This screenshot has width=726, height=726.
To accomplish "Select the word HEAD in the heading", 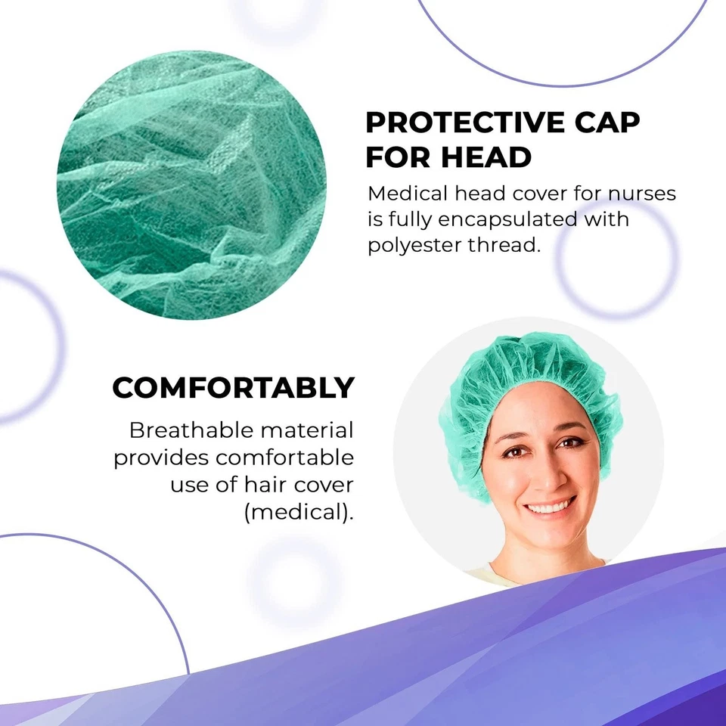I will (487, 158).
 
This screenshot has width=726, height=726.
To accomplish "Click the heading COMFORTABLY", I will (233, 388).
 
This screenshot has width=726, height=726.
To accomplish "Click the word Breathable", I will (191, 431).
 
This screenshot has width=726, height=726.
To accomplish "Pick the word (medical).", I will (299, 511).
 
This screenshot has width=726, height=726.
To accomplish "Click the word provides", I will (160, 458).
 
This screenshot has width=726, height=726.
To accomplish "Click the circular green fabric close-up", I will (192, 185).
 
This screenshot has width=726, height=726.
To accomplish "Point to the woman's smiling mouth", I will (551, 506).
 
